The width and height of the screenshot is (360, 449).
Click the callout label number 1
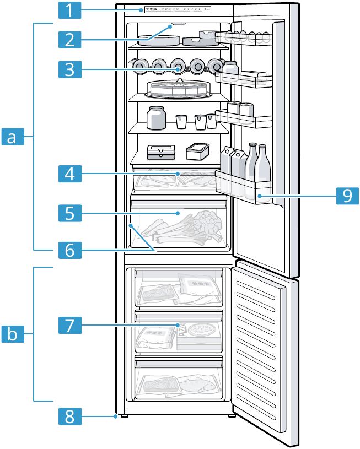click(69, 9)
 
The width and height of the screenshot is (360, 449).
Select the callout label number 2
click(69, 39)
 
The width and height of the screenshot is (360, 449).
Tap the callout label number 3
click(69, 69)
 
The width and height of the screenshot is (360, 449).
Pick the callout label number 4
click(69, 174)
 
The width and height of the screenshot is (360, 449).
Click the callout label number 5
click(69, 212)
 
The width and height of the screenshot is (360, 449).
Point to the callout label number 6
click(69, 250)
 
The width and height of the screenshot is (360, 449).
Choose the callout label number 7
click(69, 325)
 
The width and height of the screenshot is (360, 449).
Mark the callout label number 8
click(69, 416)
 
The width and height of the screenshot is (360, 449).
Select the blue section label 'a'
click(13, 136)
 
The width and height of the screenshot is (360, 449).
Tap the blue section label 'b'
click(13, 333)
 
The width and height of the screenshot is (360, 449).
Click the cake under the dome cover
click(177, 88)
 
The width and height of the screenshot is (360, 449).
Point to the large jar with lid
click(157, 117)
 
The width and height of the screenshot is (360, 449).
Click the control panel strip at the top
click(175, 9)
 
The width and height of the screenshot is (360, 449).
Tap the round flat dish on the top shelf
click(159, 40)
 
